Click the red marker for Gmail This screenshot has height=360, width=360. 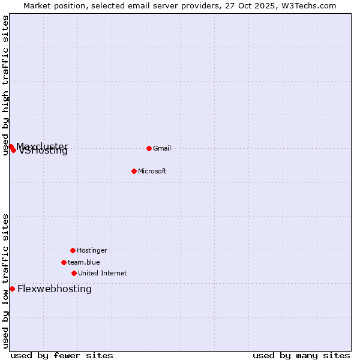[149, 148]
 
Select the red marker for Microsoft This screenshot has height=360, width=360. [134, 171]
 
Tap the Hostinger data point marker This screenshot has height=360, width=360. [73, 250]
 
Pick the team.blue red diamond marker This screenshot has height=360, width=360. [64, 262]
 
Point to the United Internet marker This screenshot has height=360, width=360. [74, 273]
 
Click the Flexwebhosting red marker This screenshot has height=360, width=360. [12, 289]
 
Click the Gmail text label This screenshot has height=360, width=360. [162, 148]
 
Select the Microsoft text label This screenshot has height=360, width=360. [152, 171]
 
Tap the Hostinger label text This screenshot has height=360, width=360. [92, 250]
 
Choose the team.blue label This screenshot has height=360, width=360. [84, 262]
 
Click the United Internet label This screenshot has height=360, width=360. [103, 273]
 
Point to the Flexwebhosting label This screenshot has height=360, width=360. [55, 289]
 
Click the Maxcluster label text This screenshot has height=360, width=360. [42, 146]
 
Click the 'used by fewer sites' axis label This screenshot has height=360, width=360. [62, 355]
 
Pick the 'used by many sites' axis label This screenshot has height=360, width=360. [301, 355]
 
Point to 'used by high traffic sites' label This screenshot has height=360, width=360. [5, 85]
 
